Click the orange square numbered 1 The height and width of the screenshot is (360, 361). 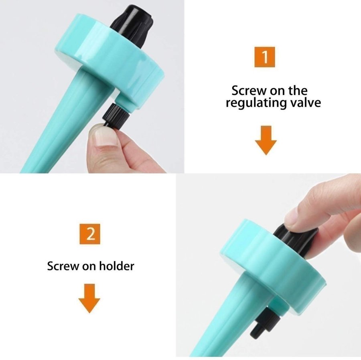point(265,57)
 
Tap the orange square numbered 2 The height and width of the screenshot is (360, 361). point(90,234)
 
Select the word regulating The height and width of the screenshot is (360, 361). point(256,103)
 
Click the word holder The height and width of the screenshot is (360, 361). point(116,266)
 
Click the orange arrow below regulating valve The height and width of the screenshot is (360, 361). point(266,140)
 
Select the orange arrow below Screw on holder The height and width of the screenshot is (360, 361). point(89,298)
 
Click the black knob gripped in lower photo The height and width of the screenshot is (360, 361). point(295,241)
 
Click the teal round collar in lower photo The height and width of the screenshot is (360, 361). point(273,267)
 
